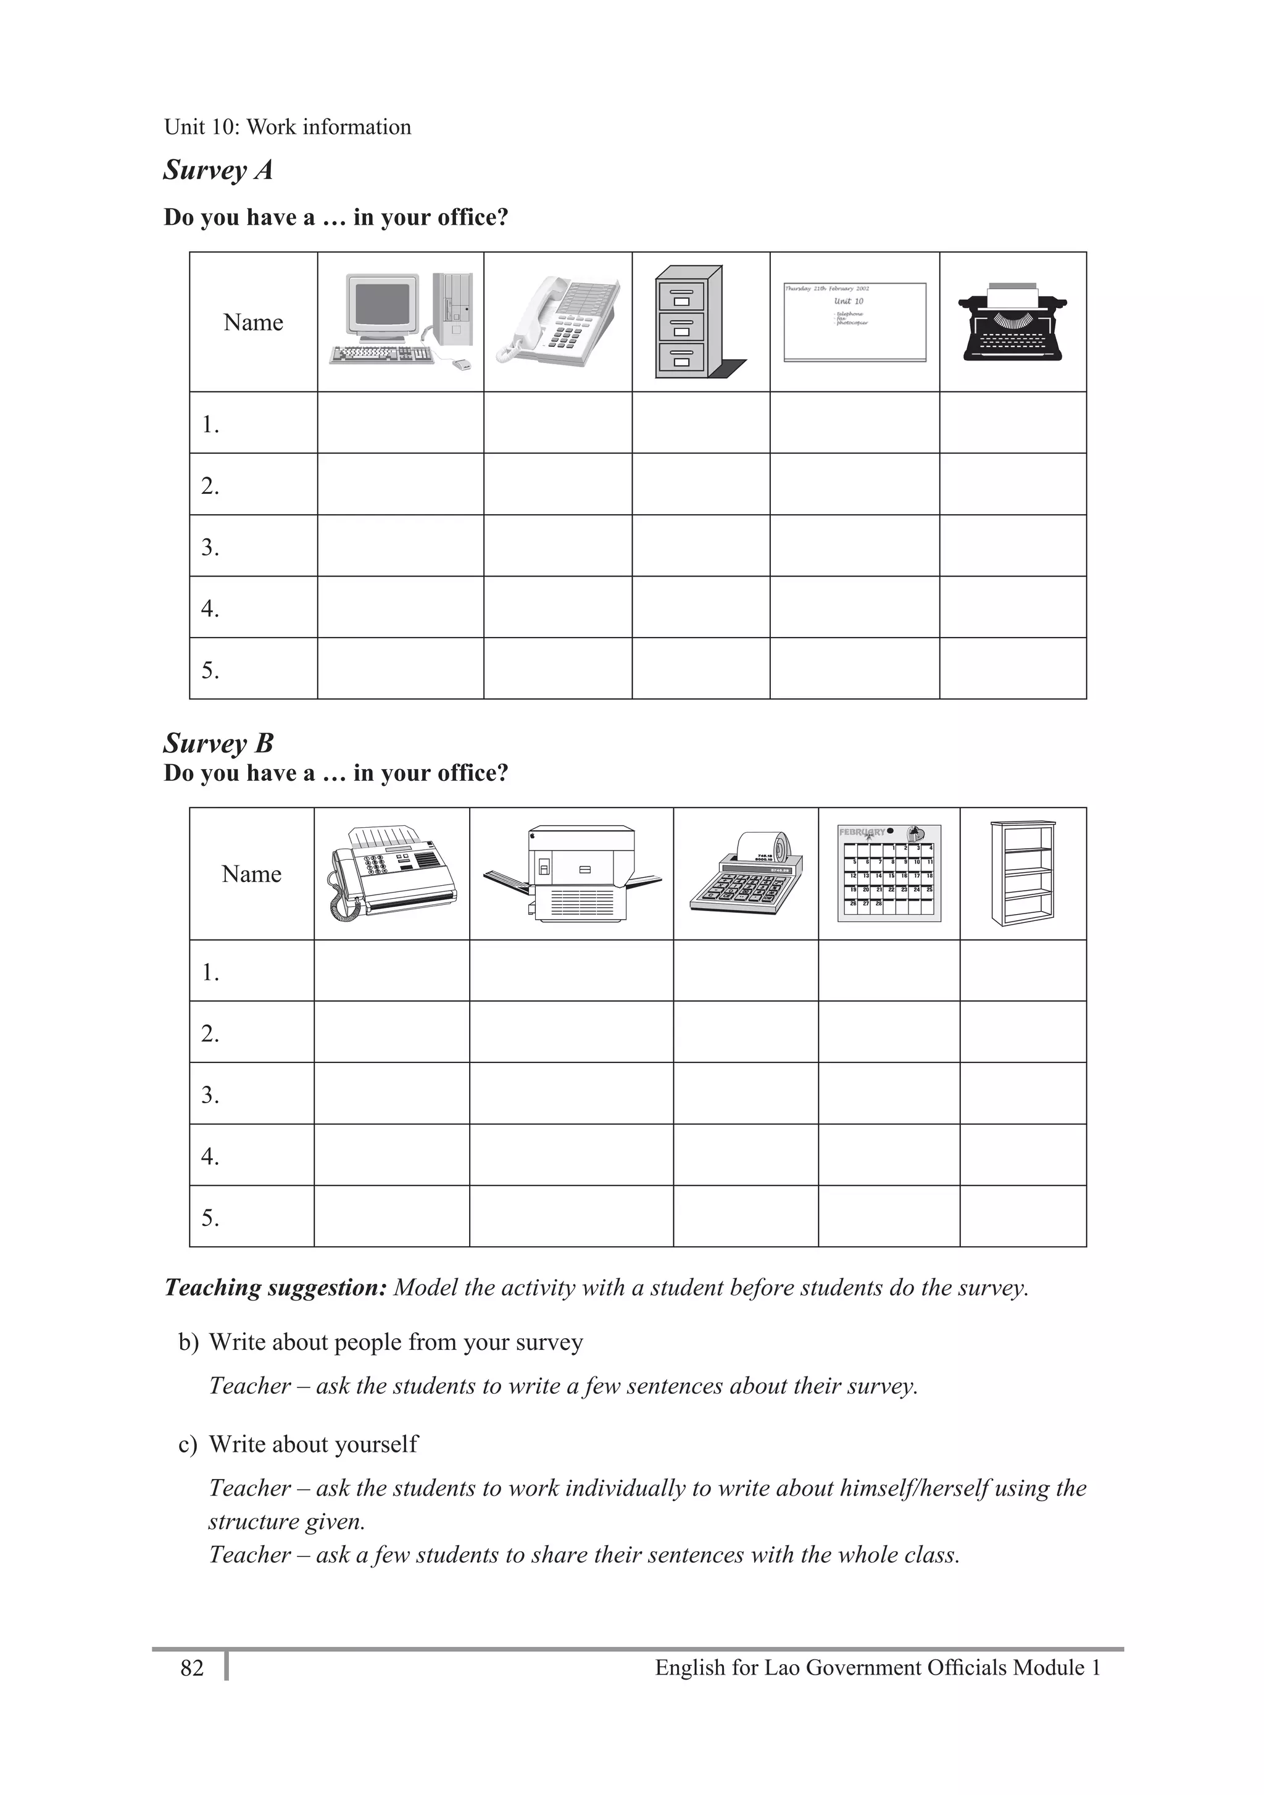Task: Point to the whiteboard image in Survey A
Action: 854,322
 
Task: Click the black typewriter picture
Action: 1013,322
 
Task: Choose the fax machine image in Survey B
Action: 392,873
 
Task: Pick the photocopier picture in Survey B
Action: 572,873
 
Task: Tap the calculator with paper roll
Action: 745,873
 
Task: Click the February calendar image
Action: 889,873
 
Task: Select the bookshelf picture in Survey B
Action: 1023,873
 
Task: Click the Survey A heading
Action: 218,170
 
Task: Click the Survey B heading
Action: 218,743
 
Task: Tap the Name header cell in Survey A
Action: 253,322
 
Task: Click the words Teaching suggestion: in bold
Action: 275,1288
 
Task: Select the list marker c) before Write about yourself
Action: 188,1444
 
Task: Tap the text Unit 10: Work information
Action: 287,127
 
